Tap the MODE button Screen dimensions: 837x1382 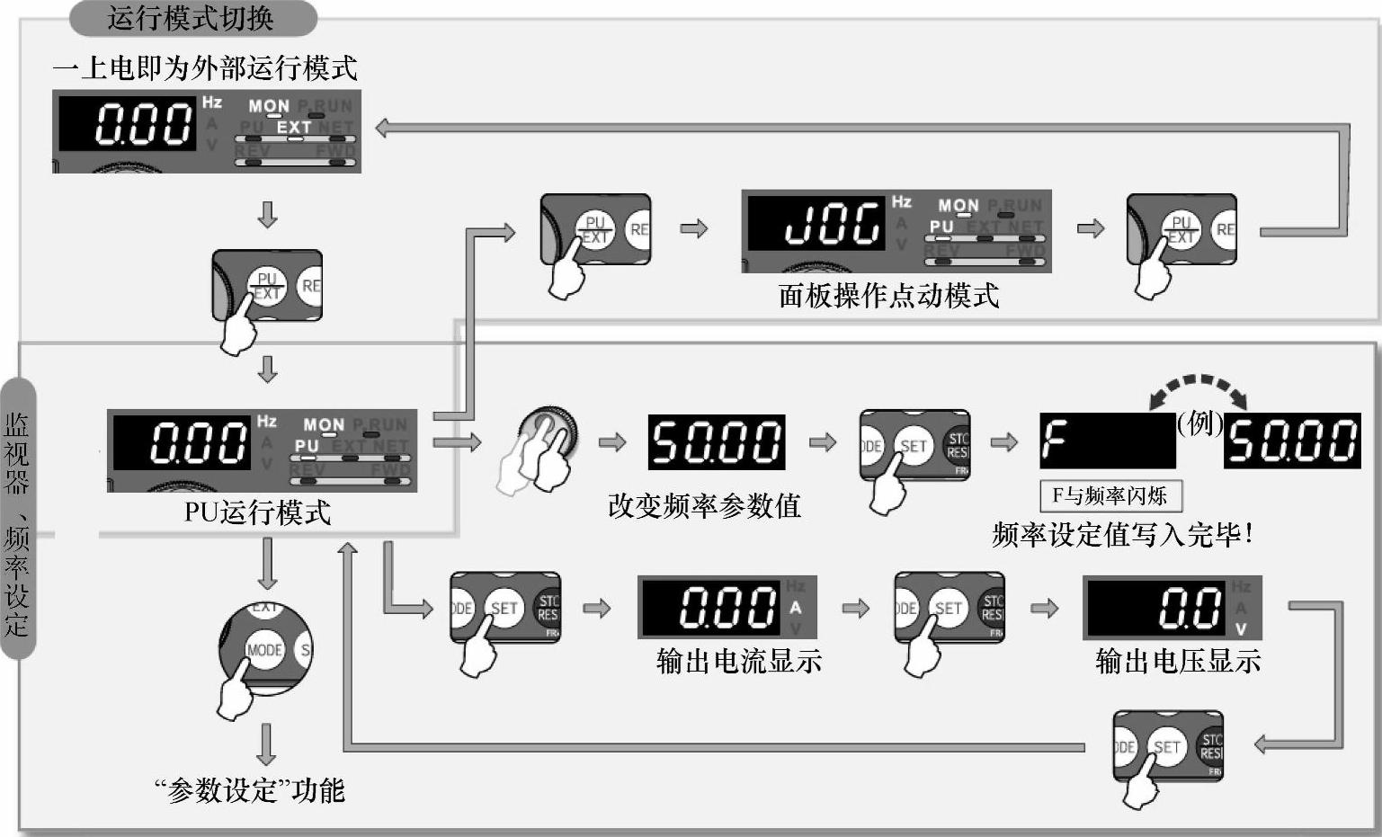click(264, 650)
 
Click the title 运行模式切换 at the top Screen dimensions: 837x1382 click(191, 18)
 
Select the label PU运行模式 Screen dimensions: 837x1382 click(258, 512)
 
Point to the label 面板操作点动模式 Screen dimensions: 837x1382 click(888, 296)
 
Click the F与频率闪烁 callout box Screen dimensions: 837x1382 click(1110, 496)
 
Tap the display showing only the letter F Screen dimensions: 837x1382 click(1107, 441)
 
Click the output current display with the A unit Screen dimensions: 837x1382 click(727, 608)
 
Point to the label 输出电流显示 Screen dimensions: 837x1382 click(739, 662)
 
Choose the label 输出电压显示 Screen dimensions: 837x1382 click(1178, 662)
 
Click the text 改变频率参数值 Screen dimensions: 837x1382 click(704, 506)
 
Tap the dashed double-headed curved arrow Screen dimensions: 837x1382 click(1199, 390)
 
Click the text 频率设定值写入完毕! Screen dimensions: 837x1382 click(1122, 535)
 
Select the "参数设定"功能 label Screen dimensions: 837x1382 click(250, 791)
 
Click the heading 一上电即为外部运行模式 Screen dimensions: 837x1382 click(205, 68)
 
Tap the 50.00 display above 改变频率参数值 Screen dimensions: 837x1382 click(717, 442)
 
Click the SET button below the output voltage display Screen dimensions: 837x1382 click(1166, 747)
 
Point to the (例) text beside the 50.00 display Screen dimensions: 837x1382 click(1199, 423)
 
